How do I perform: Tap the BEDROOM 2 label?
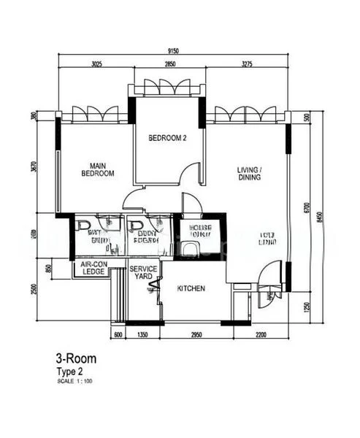click(x=167, y=137)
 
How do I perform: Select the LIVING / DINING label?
click(x=249, y=173)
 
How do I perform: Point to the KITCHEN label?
click(x=191, y=288)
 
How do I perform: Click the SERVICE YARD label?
click(x=143, y=272)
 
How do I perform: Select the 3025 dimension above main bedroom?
click(x=96, y=64)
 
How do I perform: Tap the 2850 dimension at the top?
click(x=169, y=64)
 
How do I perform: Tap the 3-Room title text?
click(x=76, y=358)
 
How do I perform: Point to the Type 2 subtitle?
click(x=71, y=372)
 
